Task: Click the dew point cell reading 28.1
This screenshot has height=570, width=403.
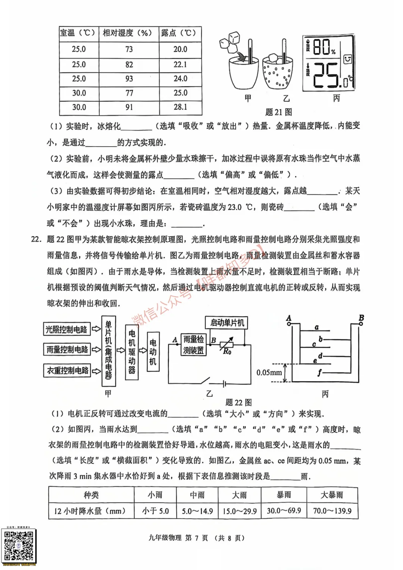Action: (180, 107)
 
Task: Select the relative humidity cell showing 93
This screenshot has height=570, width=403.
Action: (129, 79)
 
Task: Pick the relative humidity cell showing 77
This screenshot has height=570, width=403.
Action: (129, 93)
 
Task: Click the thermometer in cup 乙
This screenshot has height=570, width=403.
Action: (284, 52)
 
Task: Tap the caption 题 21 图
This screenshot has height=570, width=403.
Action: (278, 112)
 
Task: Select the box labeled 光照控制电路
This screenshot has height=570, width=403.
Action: (66, 329)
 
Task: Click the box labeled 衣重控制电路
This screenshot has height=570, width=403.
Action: (68, 370)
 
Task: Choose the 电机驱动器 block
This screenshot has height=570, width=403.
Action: (132, 352)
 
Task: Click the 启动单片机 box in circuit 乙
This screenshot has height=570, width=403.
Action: (227, 323)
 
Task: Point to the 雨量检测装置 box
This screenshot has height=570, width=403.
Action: (194, 344)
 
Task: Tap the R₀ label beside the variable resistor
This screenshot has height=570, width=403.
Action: (227, 351)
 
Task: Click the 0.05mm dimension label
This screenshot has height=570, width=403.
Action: (269, 372)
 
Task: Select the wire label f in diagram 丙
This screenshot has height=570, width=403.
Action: (319, 372)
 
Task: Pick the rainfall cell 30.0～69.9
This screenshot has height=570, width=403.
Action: (284, 511)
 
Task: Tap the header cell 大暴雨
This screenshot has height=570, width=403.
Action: (332, 495)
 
